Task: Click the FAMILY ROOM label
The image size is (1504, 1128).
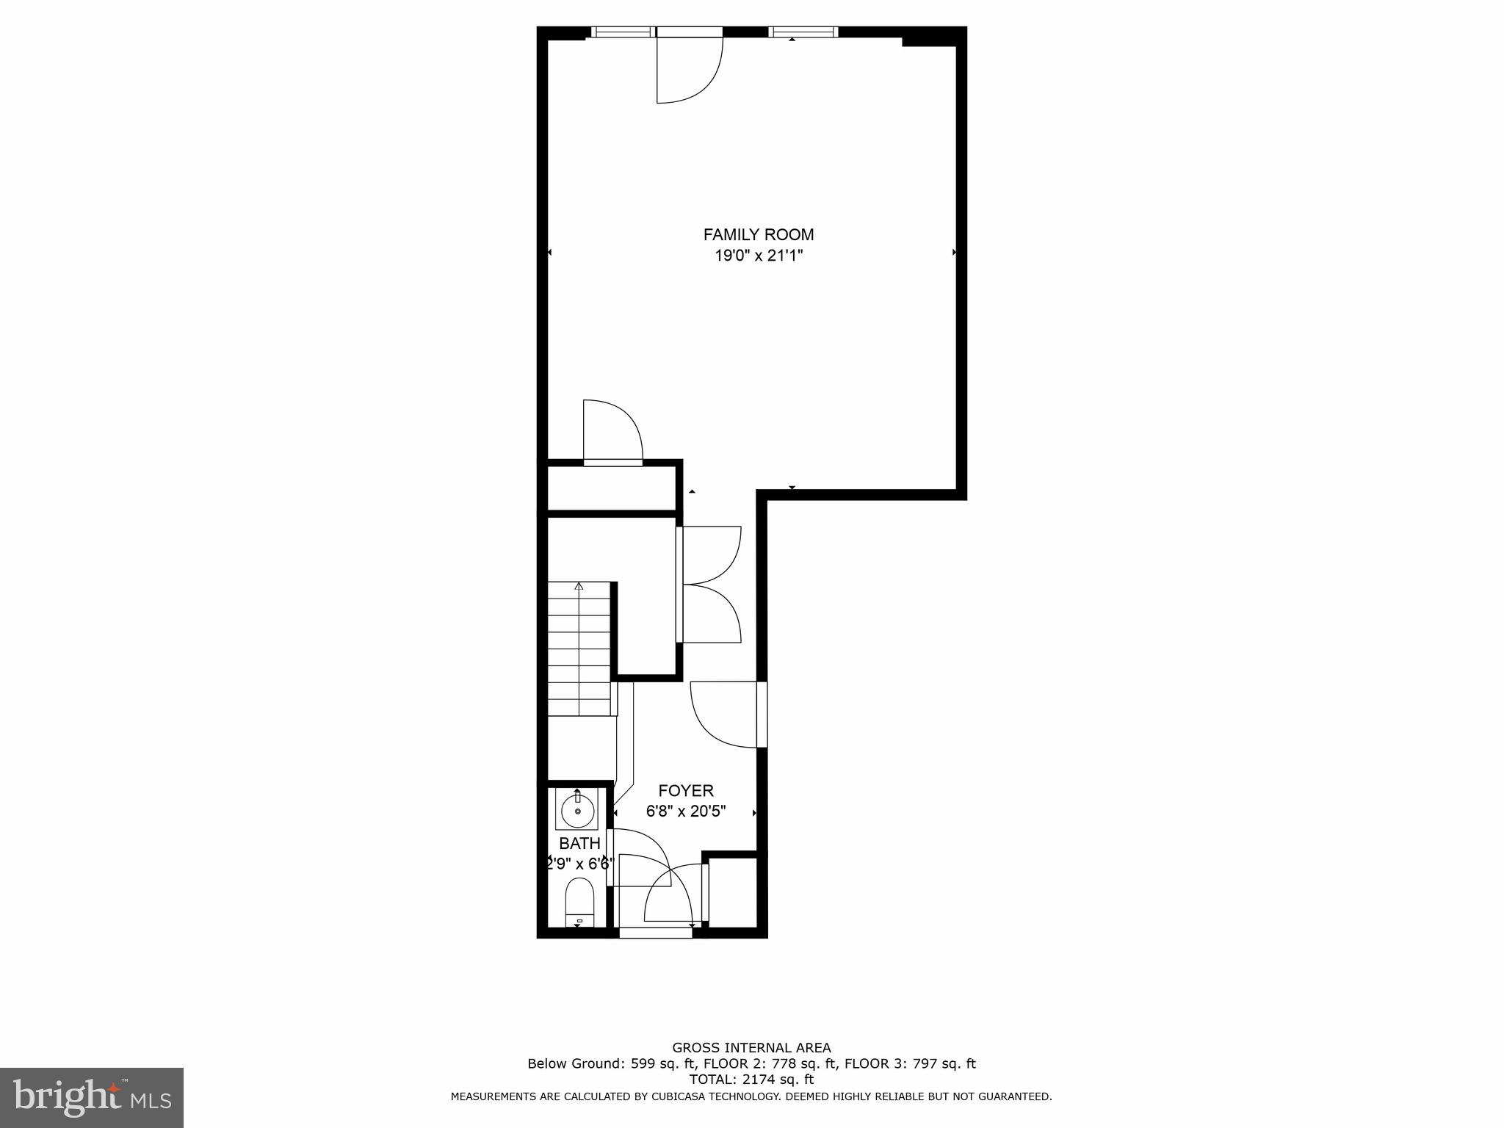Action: tap(758, 235)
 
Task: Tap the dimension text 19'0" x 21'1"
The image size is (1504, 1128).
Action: tap(758, 256)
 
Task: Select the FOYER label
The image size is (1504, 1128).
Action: tap(685, 791)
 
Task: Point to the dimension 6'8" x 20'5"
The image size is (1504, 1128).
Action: tap(685, 811)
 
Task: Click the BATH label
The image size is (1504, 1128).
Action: tap(579, 843)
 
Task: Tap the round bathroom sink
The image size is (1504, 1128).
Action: tap(578, 811)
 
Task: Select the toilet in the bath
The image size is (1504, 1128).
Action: tap(579, 902)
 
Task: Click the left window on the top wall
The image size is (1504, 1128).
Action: tap(623, 32)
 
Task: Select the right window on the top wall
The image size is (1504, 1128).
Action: tap(803, 32)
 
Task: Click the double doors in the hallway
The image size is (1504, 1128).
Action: tap(709, 585)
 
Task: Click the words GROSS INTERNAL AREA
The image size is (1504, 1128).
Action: tap(751, 1048)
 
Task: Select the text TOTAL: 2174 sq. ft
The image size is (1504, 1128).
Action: tap(751, 1080)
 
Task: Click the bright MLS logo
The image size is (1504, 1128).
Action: tap(92, 1098)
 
